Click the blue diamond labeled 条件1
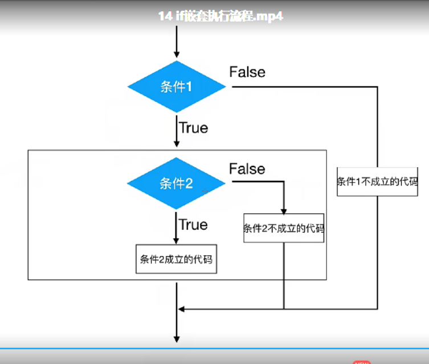177,87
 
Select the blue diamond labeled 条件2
177,183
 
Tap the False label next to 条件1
247,72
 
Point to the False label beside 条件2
247,169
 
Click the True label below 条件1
193,128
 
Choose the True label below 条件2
193,224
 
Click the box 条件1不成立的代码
377,182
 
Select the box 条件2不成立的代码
284,229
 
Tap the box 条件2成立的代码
176,259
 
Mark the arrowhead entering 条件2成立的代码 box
177,240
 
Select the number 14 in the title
165,16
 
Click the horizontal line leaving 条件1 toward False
302,87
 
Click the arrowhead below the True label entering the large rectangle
177,146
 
